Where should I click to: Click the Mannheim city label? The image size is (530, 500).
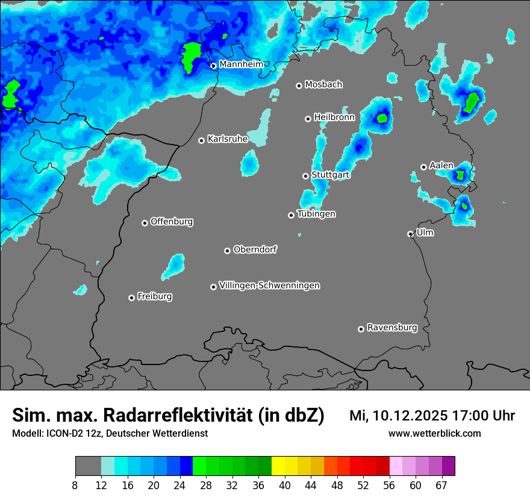[x=241, y=64]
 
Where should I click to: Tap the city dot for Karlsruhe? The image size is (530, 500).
[x=202, y=140]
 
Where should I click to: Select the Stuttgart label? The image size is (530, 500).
[x=330, y=175]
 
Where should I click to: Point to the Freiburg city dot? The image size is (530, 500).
[x=131, y=298]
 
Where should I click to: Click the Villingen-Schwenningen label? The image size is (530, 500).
[x=269, y=286]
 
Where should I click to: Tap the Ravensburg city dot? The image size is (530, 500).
[x=361, y=329]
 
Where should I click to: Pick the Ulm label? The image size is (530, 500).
[x=425, y=233]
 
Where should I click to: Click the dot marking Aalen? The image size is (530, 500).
[x=423, y=167]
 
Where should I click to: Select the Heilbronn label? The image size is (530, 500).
[x=334, y=117]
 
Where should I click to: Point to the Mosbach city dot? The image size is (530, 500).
[x=299, y=86]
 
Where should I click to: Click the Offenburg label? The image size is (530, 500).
[x=172, y=222]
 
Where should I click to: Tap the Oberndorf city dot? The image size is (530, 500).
[x=227, y=251]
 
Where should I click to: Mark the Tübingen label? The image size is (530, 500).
[x=316, y=214]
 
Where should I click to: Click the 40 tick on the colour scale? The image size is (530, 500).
[x=284, y=485]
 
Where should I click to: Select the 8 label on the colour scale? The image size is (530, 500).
[x=75, y=485]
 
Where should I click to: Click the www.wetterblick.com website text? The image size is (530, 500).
[x=434, y=433]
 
